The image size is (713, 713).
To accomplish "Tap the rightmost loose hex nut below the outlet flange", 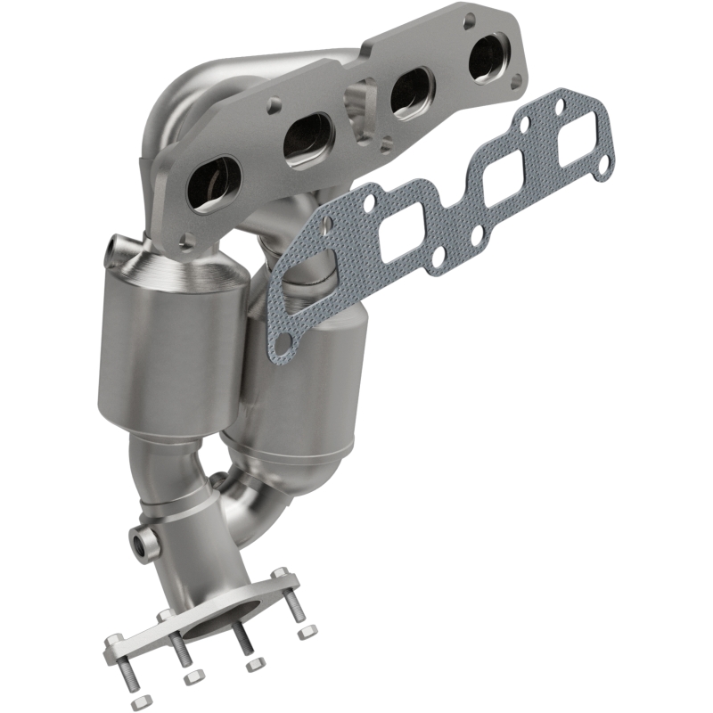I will point(307,632).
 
